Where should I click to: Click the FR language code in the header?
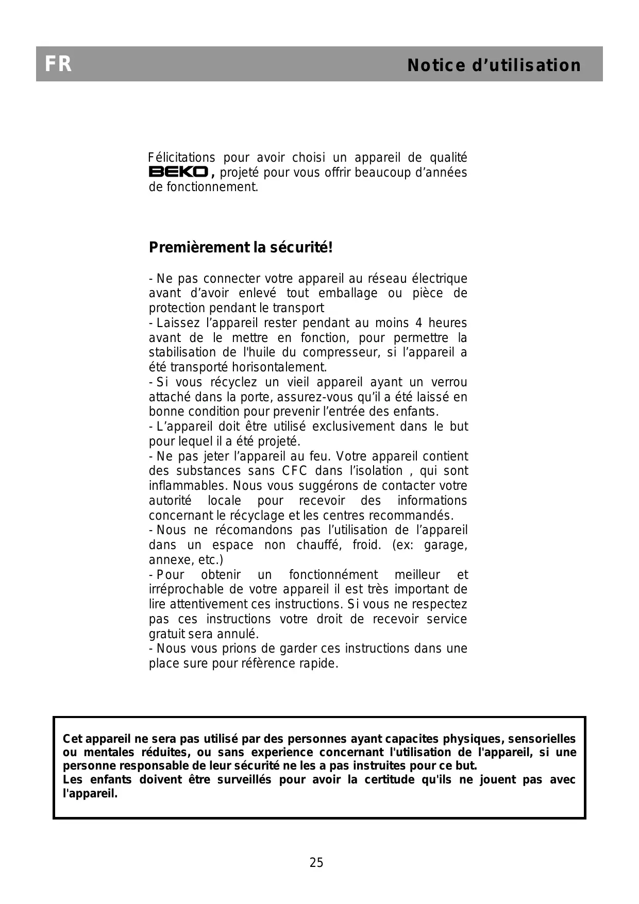coord(58,64)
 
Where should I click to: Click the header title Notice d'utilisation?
coord(494,65)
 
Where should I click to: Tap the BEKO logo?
coord(178,172)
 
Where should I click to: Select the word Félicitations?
coord(181,158)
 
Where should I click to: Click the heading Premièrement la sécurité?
coord(241,247)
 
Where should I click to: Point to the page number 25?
coord(316,862)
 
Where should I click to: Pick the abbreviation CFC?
coord(294,471)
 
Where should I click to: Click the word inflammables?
coord(188,486)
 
